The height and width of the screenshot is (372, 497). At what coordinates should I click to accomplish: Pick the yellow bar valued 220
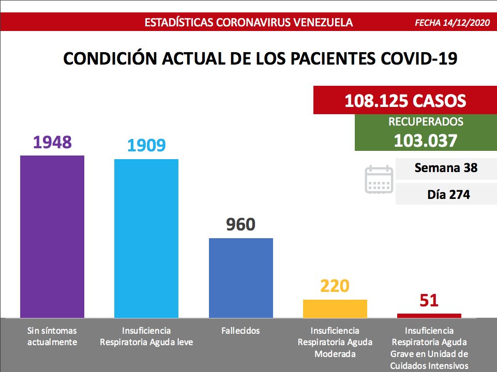coord(335,308)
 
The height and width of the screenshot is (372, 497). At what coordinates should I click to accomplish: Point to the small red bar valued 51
coord(429,315)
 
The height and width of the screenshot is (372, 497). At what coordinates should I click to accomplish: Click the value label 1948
coord(52,142)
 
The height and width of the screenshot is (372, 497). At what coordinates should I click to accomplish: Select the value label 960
coord(240,225)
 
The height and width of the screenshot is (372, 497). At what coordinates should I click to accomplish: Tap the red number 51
coord(429,300)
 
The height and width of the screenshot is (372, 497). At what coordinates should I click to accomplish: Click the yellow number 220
coord(335,286)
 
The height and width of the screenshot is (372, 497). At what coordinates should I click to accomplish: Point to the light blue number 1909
coord(146,145)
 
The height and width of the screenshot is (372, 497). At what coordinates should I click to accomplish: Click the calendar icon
coord(379,179)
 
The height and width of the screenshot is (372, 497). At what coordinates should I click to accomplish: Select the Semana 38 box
coord(445,168)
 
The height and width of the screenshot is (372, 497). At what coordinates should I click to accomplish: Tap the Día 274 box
coord(445,195)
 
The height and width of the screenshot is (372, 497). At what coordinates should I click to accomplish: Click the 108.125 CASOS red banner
coord(405,100)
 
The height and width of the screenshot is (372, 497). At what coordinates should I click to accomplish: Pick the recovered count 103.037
coord(425,141)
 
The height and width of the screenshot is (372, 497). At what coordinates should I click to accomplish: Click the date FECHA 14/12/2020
coord(451,23)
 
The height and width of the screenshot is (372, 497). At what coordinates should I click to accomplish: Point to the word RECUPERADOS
coord(425,122)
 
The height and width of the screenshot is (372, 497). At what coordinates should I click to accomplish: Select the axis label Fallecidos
coord(240,331)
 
